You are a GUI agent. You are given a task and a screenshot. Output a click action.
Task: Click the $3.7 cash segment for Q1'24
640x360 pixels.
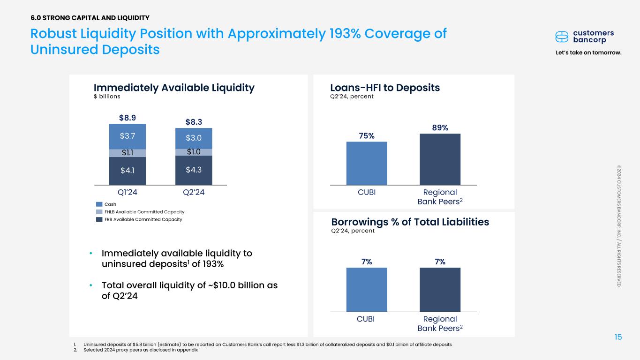pyautogui.click(x=127, y=136)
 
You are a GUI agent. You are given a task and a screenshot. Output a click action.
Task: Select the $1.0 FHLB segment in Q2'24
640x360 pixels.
pyautogui.click(x=193, y=152)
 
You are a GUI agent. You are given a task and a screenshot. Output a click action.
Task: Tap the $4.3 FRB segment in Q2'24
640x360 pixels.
pyautogui.click(x=193, y=170)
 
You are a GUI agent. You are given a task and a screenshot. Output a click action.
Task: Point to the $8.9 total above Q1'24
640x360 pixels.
pyautogui.click(x=128, y=117)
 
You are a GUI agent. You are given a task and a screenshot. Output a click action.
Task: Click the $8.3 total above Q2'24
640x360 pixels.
pyautogui.click(x=193, y=122)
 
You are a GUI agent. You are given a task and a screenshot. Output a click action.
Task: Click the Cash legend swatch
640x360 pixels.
pyautogui.click(x=99, y=204)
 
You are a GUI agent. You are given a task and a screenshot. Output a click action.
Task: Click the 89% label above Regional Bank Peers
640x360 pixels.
pyautogui.click(x=440, y=127)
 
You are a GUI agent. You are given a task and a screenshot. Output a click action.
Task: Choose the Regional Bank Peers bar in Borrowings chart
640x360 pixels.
pyautogui.click(x=440, y=289)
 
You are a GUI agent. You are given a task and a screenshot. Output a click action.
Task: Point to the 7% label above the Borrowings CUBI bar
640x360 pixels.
pyautogui.click(x=366, y=262)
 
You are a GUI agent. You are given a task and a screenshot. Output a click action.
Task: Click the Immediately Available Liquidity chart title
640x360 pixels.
pyautogui.click(x=174, y=88)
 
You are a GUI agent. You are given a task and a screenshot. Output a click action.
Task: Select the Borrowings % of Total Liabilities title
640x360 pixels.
pyautogui.click(x=410, y=222)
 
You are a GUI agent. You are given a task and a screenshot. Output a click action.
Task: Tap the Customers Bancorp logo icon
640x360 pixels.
pyautogui.click(x=562, y=37)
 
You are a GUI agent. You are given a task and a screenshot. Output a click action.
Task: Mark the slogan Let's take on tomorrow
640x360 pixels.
pyautogui.click(x=588, y=52)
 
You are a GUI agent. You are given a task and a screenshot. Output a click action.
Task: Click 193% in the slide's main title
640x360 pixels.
pyautogui.click(x=340, y=34)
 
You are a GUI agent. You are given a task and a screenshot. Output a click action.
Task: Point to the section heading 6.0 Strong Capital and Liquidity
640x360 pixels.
pyautogui.click(x=90, y=18)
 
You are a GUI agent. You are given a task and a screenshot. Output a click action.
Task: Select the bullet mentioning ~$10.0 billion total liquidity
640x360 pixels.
pyautogui.click(x=189, y=291)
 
